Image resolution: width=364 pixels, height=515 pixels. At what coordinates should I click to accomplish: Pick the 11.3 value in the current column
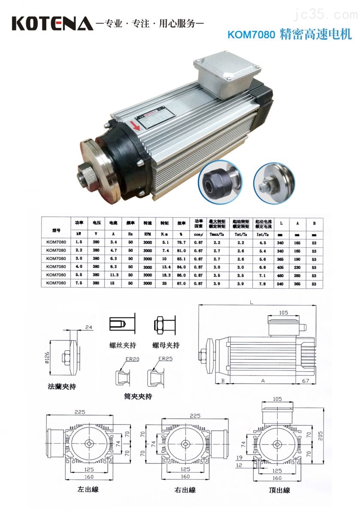(x=113, y=274)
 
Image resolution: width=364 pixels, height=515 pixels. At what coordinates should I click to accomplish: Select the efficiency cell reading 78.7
(x=182, y=243)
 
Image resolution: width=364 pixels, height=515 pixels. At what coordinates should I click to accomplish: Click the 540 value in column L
(x=280, y=284)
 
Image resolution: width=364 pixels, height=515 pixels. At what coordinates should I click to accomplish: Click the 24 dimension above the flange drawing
(x=89, y=327)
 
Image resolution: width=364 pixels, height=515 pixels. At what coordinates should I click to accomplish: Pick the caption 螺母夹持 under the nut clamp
(x=166, y=345)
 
